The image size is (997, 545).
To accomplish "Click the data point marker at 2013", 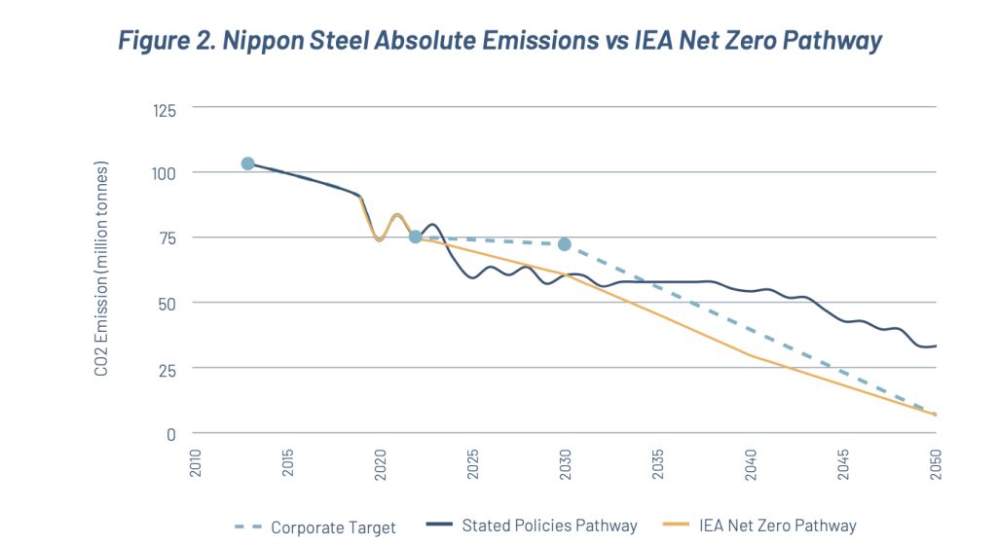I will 247,163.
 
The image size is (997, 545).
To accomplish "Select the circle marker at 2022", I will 415,236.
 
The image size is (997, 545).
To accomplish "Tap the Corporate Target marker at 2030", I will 564,244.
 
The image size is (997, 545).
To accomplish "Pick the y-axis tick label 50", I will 167,303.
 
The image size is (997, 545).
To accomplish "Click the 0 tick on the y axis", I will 171,433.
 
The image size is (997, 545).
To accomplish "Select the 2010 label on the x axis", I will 195,462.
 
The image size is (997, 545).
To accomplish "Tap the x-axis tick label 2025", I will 472,462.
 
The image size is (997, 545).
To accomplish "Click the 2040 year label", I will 751,462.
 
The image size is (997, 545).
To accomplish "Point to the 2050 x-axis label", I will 936,462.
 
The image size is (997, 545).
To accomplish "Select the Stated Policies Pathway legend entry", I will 532,526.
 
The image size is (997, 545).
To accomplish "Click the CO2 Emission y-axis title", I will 101,272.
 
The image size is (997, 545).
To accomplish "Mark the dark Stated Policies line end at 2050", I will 934,345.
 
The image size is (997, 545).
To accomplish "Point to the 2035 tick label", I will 658,462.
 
